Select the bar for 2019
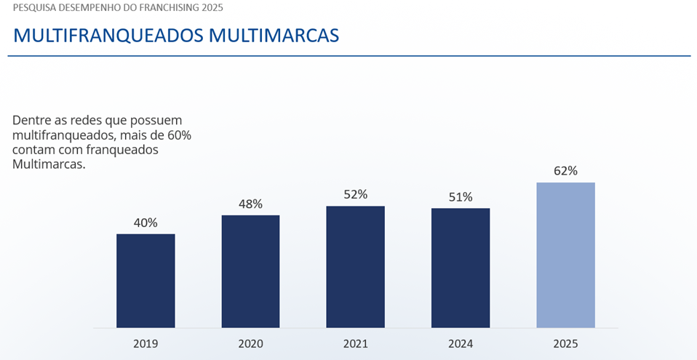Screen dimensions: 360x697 (x=146, y=281)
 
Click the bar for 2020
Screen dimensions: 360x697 (x=250, y=271)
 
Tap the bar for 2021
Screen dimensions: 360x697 (x=355, y=267)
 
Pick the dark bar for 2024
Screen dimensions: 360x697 (x=461, y=268)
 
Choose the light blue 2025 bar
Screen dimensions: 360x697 (x=565, y=255)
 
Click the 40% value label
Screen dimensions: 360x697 (x=146, y=223)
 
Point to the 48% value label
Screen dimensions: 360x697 (x=250, y=204)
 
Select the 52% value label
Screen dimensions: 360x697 (x=355, y=194)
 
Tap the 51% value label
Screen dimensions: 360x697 (x=461, y=196)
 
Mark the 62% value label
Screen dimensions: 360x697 (x=565, y=171)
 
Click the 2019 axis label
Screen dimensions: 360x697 (x=146, y=343)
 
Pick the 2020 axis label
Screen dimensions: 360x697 (x=250, y=343)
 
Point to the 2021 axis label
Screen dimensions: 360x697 (x=355, y=343)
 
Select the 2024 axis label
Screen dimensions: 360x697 (x=461, y=343)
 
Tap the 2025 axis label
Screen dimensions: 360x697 (x=565, y=343)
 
